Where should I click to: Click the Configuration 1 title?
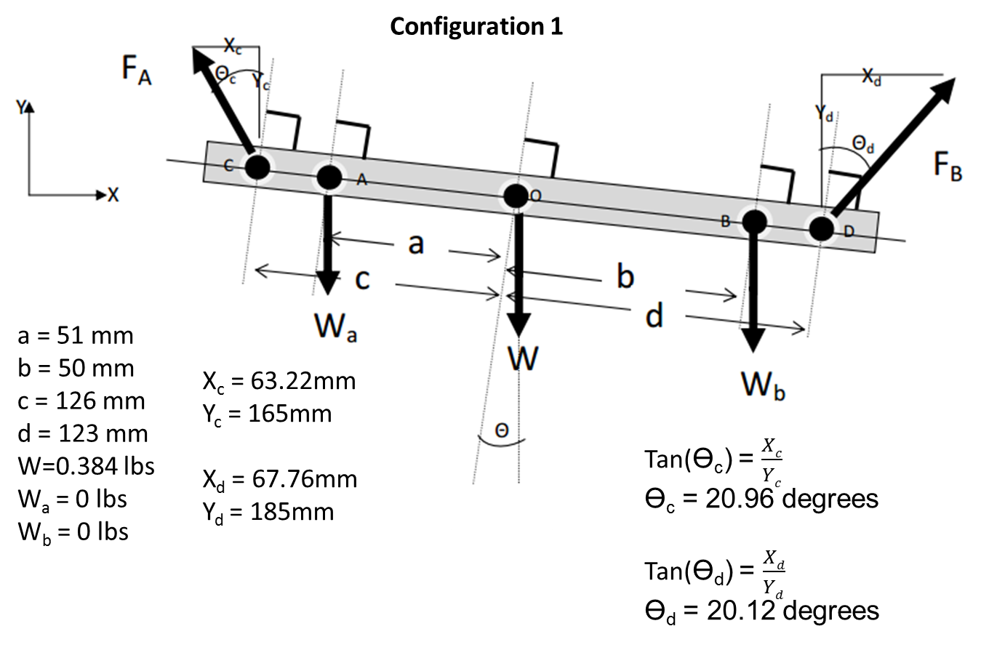click(x=476, y=26)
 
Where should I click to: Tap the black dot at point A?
click(x=329, y=177)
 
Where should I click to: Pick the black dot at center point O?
click(x=515, y=196)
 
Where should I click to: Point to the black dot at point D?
click(x=822, y=228)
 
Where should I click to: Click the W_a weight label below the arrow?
click(x=335, y=326)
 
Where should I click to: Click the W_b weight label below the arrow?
click(x=763, y=385)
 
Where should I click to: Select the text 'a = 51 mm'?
click(x=76, y=335)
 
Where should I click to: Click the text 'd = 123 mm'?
click(x=83, y=433)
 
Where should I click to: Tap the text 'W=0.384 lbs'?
click(x=87, y=466)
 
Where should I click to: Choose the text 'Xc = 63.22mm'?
click(x=279, y=381)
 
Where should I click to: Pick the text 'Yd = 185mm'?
click(x=268, y=512)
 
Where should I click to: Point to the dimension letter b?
click(x=625, y=276)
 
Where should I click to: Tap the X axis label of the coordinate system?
click(x=112, y=195)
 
